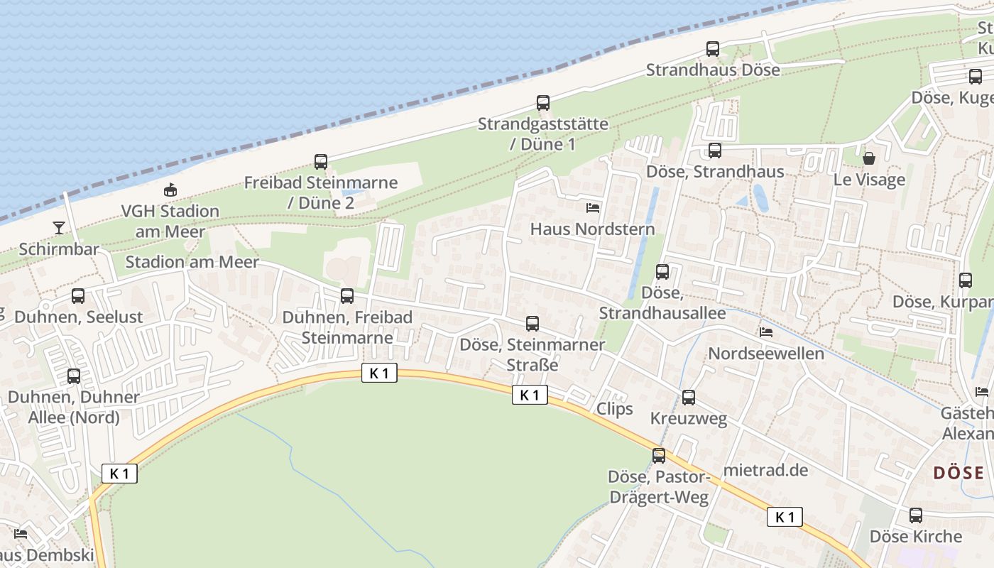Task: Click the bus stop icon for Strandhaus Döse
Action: tap(712, 49)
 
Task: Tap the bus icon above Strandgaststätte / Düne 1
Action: tap(543, 103)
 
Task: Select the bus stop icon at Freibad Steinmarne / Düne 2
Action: tap(321, 162)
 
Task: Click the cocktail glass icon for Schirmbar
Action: tap(59, 228)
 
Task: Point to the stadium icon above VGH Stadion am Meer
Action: tap(170, 190)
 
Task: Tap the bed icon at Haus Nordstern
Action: tap(593, 208)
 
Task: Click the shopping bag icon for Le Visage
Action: tap(868, 158)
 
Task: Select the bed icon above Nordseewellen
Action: tap(766, 332)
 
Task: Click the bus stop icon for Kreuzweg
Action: tap(689, 398)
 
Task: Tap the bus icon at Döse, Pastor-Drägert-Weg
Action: tap(659, 455)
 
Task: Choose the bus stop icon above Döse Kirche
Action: tap(916, 515)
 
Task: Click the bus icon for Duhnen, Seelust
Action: tap(78, 296)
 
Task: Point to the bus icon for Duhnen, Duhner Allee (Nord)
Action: tap(74, 376)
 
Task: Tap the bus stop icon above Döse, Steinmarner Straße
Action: tap(532, 324)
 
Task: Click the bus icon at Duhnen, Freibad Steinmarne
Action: tap(347, 296)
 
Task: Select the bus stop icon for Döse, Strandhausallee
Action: tap(662, 272)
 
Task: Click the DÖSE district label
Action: tap(958, 473)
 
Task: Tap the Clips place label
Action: tap(615, 409)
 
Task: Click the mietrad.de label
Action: tap(766, 470)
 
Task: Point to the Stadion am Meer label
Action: tap(192, 262)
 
